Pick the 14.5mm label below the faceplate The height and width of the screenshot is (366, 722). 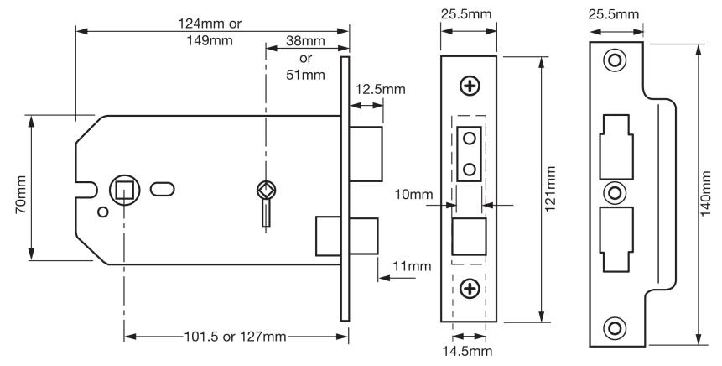pyautogui.click(x=469, y=350)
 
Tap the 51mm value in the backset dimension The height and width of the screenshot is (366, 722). pyautogui.click(x=306, y=76)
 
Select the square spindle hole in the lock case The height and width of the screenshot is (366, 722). pyautogui.click(x=124, y=189)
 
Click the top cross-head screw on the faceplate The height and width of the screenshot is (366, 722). pyautogui.click(x=470, y=85)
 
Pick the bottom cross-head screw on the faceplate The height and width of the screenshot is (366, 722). pyautogui.click(x=470, y=288)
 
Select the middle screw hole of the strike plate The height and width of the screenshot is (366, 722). pyautogui.click(x=616, y=193)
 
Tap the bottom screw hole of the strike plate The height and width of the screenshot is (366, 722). pyautogui.click(x=616, y=327)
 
